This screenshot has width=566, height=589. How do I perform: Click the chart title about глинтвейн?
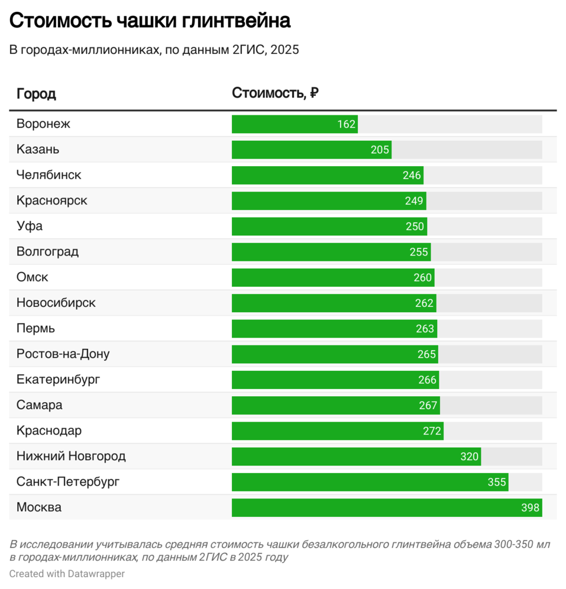click(150, 21)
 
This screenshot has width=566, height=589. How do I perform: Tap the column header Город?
click(36, 93)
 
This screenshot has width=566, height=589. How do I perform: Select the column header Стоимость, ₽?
click(275, 93)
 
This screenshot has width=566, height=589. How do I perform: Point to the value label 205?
click(380, 150)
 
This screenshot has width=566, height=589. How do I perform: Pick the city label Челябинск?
click(49, 175)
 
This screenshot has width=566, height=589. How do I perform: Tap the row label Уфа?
click(30, 226)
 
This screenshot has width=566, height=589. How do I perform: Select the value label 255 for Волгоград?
click(419, 252)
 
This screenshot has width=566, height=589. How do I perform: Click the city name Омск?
click(33, 277)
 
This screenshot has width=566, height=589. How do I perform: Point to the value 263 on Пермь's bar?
click(425, 329)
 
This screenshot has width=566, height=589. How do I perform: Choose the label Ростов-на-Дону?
click(63, 354)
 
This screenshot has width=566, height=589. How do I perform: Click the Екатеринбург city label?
click(58, 380)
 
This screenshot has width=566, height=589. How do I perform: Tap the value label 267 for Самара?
click(428, 405)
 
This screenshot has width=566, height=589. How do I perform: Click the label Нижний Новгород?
click(71, 457)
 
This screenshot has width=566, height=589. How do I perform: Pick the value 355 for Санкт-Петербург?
click(497, 482)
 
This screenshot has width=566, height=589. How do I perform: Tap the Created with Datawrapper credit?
click(67, 574)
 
